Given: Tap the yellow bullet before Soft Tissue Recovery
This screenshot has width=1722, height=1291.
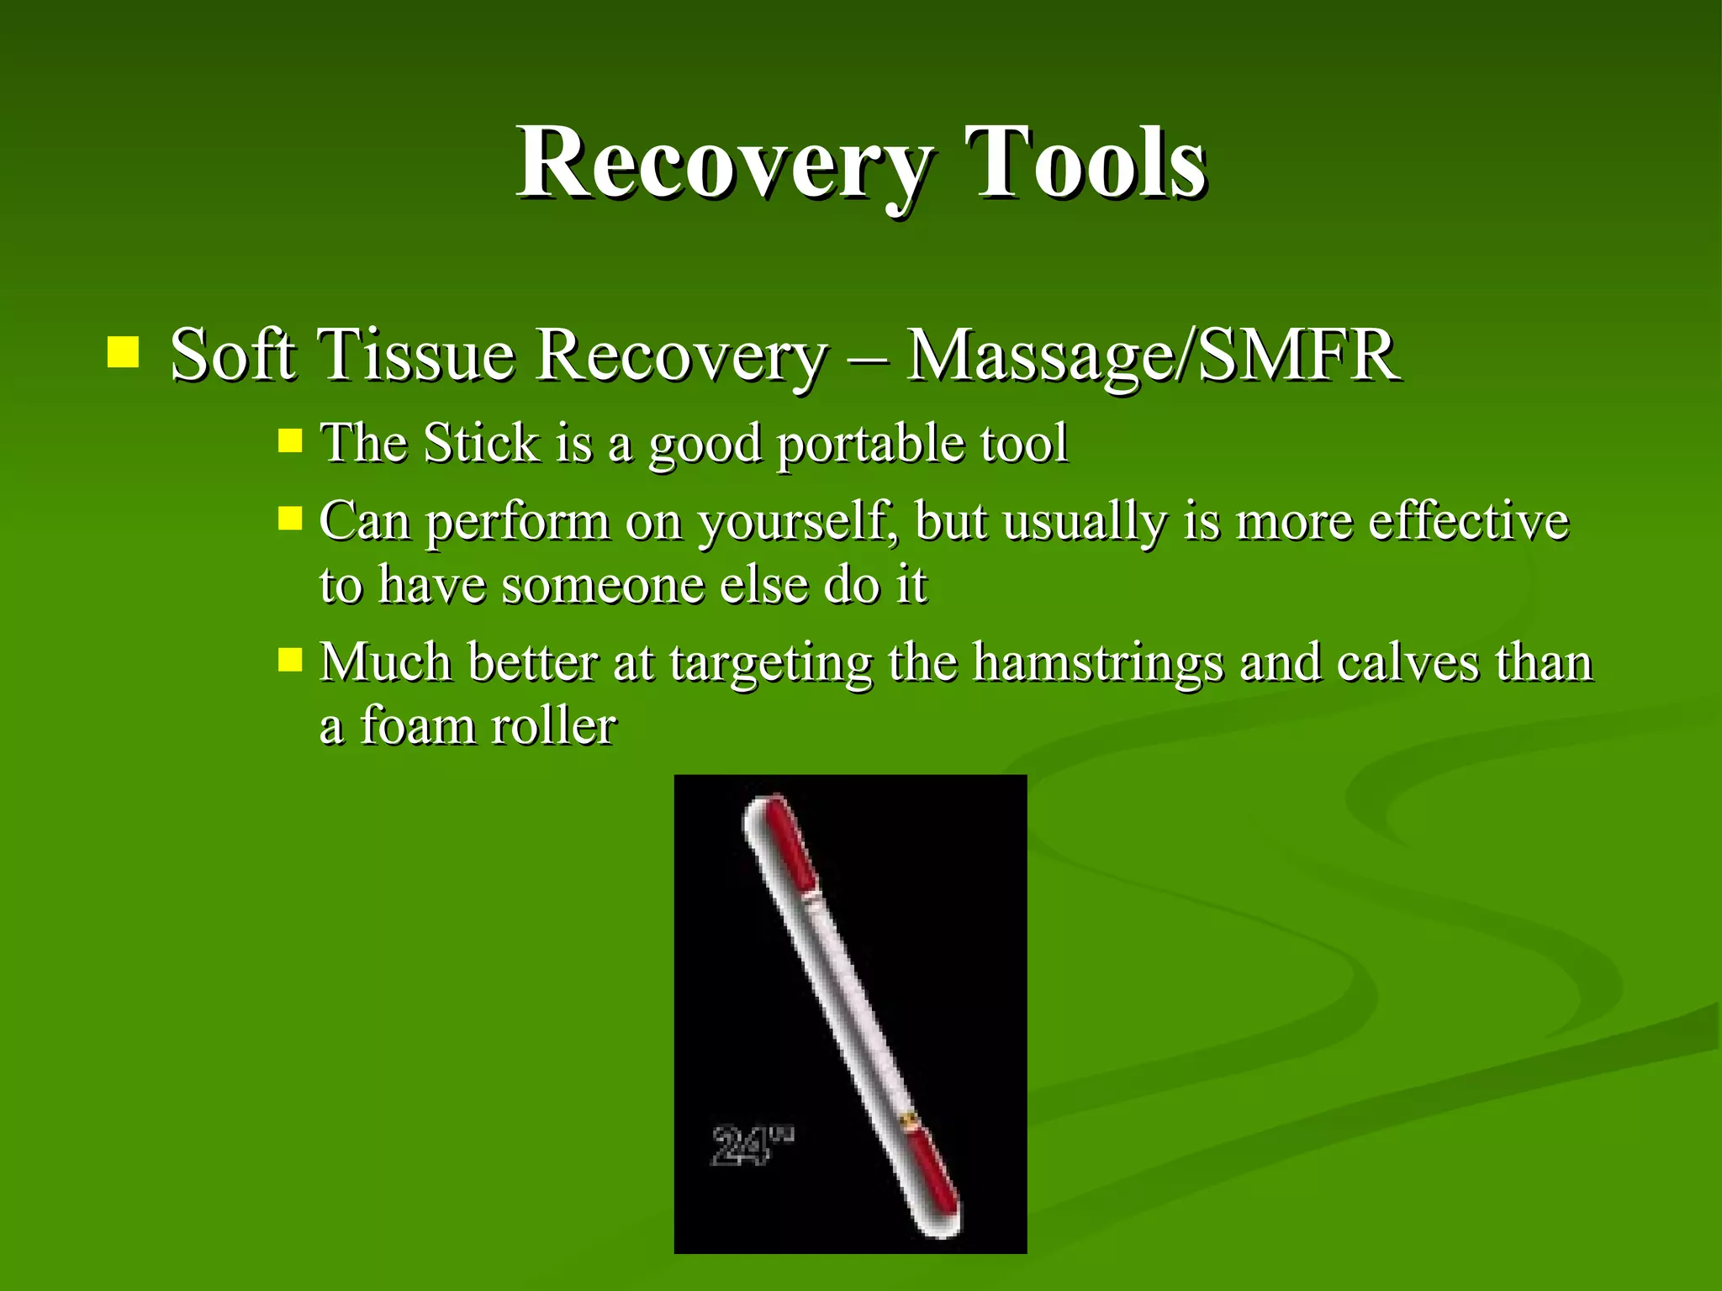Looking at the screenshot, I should pos(123,353).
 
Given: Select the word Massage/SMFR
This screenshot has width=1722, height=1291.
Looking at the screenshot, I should pos(1152,355).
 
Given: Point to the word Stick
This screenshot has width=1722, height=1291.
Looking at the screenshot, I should pos(481,443).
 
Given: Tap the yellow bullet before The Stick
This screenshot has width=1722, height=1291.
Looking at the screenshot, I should pos(289,440).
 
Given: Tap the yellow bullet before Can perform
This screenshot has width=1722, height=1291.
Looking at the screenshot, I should pos(289,518).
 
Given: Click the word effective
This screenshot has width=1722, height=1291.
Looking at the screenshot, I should pos(1467,521).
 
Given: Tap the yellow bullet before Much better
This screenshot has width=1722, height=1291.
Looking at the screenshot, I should pos(289,659).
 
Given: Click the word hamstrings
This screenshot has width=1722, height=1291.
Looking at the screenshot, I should pos(1097,663).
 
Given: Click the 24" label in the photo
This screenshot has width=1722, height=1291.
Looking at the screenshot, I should pos(750,1146).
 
